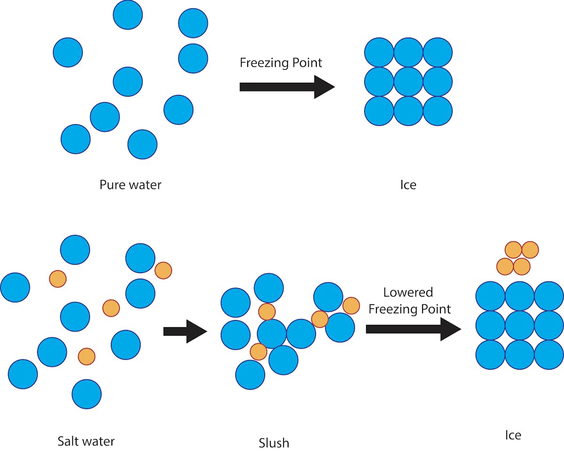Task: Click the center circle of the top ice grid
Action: [x=408, y=81]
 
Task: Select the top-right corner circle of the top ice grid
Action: [x=438, y=52]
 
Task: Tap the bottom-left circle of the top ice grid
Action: [x=379, y=111]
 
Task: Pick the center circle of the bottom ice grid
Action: [x=520, y=325]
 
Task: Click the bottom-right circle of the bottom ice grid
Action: [x=549, y=354]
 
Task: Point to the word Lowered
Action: [x=408, y=292]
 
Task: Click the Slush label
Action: [x=274, y=443]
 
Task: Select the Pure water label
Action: [x=130, y=185]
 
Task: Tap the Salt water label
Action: [x=86, y=441]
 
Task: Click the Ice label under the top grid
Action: [x=408, y=185]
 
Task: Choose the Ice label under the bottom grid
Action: [x=513, y=435]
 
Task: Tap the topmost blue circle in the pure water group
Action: [x=128, y=15]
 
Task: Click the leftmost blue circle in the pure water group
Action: [x=68, y=52]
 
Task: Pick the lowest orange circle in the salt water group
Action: [x=86, y=356]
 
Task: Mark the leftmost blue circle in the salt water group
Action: [x=15, y=287]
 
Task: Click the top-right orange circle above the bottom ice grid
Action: [x=530, y=250]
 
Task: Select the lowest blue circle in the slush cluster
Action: [x=250, y=375]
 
